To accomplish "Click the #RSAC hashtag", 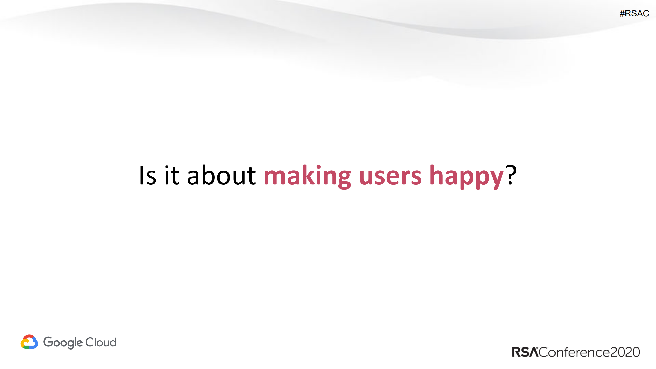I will [634, 13].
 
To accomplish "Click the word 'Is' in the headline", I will [148, 176].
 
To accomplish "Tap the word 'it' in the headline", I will [172, 176].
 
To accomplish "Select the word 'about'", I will [221, 176].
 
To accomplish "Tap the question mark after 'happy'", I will [511, 175].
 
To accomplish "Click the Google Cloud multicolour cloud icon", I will [29, 342].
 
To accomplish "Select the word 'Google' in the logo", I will [63, 343].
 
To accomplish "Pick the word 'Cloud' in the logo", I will [101, 342].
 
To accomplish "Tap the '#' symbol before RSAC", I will [622, 13].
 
